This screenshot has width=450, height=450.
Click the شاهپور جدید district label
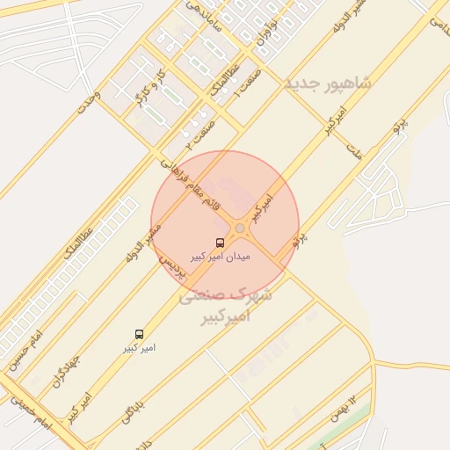pyautogui.click(x=328, y=83)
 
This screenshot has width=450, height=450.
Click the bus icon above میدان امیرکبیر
pyautogui.click(x=219, y=243)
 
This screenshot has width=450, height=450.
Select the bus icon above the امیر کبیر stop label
pyautogui.click(x=139, y=334)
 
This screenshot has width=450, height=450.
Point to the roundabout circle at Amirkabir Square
pyautogui.click(x=240, y=229)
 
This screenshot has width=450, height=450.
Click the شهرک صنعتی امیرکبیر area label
pyautogui.click(x=226, y=306)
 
